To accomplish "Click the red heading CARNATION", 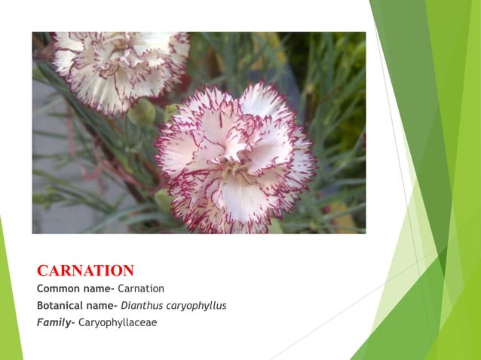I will click(85, 270).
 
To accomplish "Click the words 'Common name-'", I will click(75, 288).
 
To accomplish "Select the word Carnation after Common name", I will click(141, 288).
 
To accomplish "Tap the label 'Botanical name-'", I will click(77, 306).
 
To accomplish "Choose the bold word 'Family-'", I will click(56, 323).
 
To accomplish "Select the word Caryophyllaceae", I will click(118, 323).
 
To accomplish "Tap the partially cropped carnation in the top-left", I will click(121, 69).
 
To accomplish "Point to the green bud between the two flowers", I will click(142, 112).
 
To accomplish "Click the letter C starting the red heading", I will click(43, 270).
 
